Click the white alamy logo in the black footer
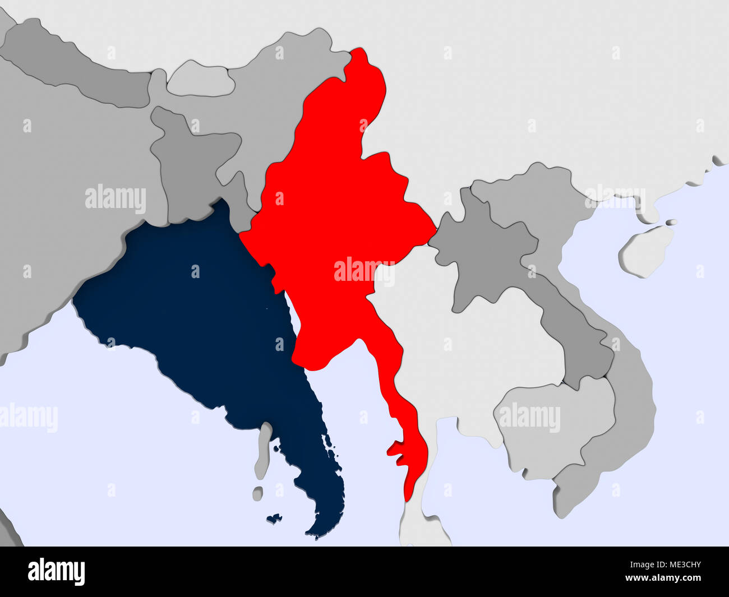click(x=57, y=572)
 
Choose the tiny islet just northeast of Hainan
click(x=671, y=223)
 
